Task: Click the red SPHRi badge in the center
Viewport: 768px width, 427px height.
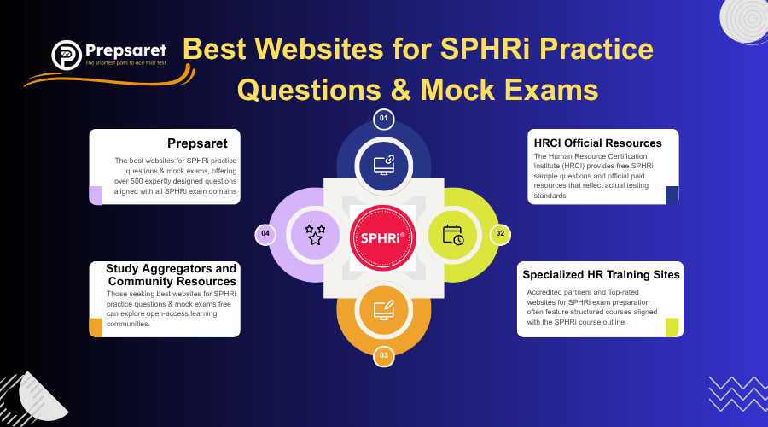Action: point(383,237)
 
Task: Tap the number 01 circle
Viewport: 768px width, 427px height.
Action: point(383,119)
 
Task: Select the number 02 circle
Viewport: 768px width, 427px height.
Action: point(500,234)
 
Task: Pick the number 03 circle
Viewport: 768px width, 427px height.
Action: point(383,356)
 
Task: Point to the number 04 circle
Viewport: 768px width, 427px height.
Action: point(265,234)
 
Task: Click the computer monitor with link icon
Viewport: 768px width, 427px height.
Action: point(384,165)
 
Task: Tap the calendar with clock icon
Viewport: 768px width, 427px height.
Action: point(453,235)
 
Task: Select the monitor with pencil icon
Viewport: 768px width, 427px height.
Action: point(384,310)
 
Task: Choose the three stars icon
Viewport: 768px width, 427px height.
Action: point(315,235)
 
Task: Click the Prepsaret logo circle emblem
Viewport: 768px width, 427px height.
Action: point(66,55)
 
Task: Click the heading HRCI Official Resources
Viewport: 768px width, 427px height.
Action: point(597,143)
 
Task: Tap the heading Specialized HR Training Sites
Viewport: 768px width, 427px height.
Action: point(601,274)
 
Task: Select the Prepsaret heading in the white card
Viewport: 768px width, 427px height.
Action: point(197,143)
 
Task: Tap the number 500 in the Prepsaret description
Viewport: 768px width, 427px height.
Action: point(137,181)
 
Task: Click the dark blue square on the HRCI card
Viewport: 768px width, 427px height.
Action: point(672,195)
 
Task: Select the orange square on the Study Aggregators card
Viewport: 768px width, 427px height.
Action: point(96,327)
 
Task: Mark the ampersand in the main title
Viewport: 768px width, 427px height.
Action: point(401,91)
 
